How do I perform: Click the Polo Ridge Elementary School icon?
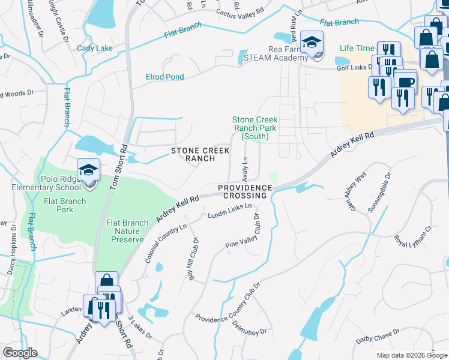click(x=88, y=170)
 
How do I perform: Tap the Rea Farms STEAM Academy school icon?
click(x=312, y=43)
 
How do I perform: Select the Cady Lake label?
click(x=94, y=47)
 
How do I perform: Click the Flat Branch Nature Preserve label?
click(x=127, y=231)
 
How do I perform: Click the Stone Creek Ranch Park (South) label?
click(x=255, y=128)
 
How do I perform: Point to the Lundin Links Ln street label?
click(x=229, y=212)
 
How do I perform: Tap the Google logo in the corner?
click(x=20, y=353)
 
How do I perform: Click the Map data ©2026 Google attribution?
click(x=412, y=355)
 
